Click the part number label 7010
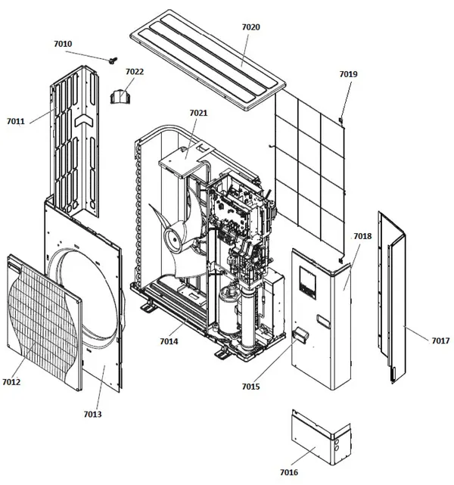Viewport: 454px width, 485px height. [x=63, y=44]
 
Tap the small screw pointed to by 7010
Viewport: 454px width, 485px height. [x=113, y=60]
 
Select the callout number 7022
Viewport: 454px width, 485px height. [x=135, y=72]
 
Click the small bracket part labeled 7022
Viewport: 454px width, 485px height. [x=120, y=97]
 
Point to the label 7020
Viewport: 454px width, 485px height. [x=250, y=27]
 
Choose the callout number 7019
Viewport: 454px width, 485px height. [x=348, y=74]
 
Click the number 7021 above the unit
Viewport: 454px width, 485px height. [x=198, y=113]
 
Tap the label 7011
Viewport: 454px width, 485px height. [x=16, y=121]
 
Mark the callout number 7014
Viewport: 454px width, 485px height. [x=169, y=341]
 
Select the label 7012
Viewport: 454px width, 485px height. [x=11, y=382]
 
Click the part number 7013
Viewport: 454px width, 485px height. [x=92, y=414]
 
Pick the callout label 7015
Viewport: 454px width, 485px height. [x=250, y=387]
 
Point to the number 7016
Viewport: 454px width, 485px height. [x=289, y=472]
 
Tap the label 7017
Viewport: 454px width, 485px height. [x=440, y=340]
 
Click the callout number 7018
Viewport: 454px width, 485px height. [x=362, y=236]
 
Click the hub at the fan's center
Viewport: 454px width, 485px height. [x=174, y=240]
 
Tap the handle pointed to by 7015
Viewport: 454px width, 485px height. [x=300, y=334]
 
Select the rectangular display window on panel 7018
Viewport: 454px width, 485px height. [x=307, y=283]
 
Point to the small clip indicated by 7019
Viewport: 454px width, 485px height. [x=340, y=120]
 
